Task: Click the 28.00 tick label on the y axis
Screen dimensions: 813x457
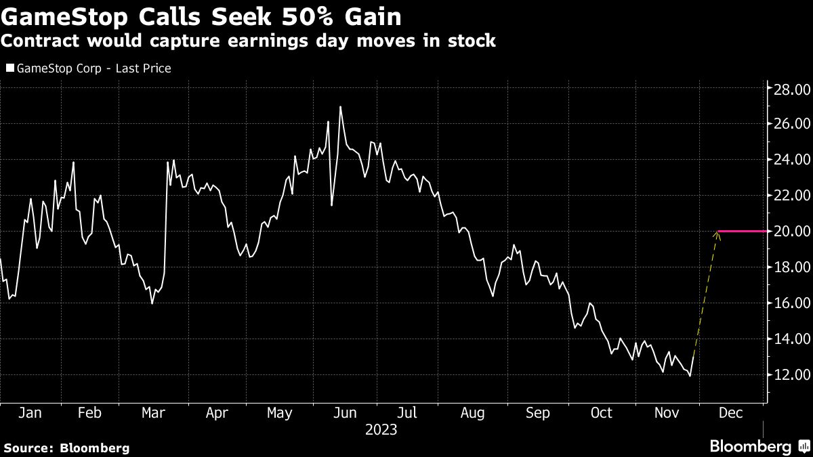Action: coord(792,89)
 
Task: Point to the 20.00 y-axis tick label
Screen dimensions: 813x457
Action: coord(792,231)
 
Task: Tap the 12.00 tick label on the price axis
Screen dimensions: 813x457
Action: coord(792,374)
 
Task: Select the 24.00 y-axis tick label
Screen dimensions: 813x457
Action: coord(792,159)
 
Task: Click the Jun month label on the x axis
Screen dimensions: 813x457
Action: coord(345,413)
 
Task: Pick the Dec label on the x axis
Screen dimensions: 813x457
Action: coord(730,413)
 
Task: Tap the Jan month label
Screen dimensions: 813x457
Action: coord(30,413)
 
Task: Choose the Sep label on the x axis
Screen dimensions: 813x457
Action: coord(537,413)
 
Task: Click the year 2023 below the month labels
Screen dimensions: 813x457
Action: coord(381,430)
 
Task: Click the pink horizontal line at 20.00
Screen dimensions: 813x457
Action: coord(743,231)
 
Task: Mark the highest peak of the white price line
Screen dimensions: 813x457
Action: coord(340,107)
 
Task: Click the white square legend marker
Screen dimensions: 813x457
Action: coord(9,68)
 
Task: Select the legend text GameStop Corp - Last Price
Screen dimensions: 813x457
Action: coord(93,68)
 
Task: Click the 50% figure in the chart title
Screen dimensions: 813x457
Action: coord(307,17)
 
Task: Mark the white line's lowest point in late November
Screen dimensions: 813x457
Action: coord(690,376)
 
